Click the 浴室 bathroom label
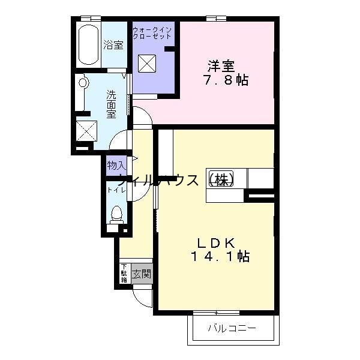click(113, 44)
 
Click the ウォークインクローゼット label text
click(152, 32)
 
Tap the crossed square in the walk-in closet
click(147, 63)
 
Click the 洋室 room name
click(220, 65)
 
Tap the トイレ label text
click(115, 190)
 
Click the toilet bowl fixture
click(116, 214)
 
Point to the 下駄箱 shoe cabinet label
click(124, 274)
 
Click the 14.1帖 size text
click(220, 257)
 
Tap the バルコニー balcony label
click(232, 328)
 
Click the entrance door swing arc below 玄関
click(142, 296)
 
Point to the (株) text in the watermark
click(220, 179)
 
